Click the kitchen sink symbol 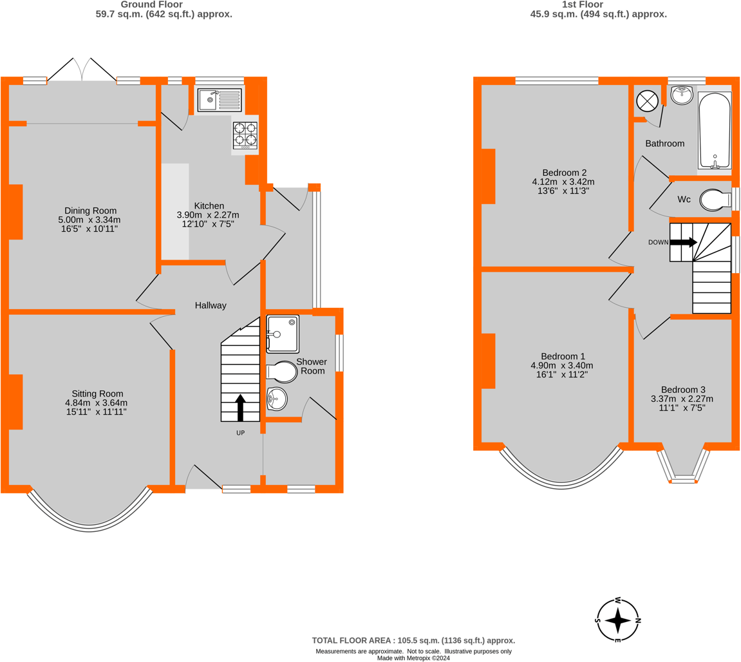point(219,100)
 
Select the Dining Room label point(91,211)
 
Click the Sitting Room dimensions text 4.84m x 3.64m point(97,402)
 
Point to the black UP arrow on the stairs point(240,407)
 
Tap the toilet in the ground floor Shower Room point(282,372)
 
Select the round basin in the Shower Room point(277,399)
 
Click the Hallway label point(211,305)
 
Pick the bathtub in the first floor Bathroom point(715,130)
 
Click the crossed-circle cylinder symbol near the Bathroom point(646,100)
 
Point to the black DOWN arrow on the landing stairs point(683,242)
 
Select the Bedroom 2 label point(564,173)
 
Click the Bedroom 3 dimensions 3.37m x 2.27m point(683,399)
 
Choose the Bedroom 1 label point(563,356)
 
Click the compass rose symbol point(618,621)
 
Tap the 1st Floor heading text point(597,4)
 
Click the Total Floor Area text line point(413,640)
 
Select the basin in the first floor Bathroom point(681,95)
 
